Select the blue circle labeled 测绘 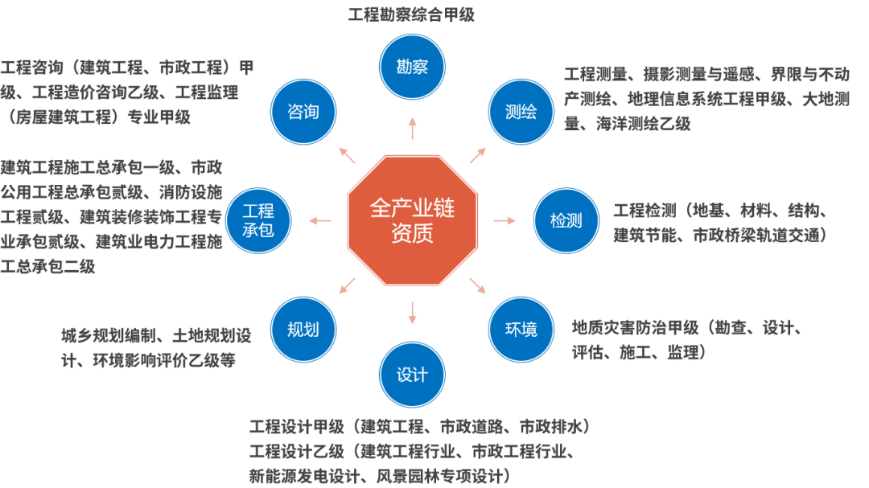tap(521, 111)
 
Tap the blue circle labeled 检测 tap(566, 219)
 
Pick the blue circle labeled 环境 tap(521, 329)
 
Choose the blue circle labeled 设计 tap(412, 375)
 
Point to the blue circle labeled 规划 tap(303, 329)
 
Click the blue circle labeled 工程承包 tap(259, 219)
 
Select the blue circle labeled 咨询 tap(303, 111)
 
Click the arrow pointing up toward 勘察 tap(412, 128)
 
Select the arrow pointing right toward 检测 tap(505, 219)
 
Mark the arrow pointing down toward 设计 tap(412, 312)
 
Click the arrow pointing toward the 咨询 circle tap(347, 154)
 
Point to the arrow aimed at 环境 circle tap(477, 285)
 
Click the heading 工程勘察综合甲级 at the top tap(411, 14)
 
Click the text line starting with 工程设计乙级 tap(411, 449)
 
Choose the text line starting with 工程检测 tap(719, 211)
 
